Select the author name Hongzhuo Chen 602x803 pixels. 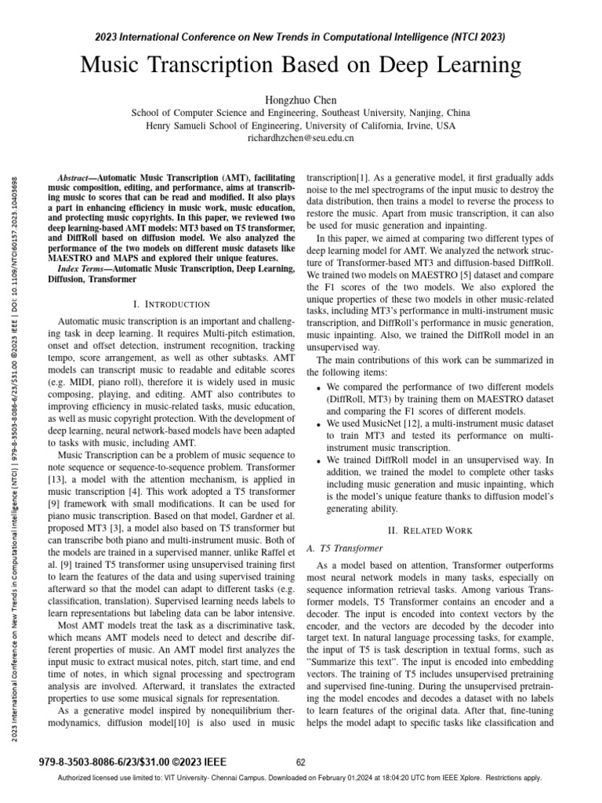point(301,100)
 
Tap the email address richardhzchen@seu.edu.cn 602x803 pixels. point(301,137)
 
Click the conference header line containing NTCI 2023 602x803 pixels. point(301,37)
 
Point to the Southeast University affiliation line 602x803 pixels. point(301,113)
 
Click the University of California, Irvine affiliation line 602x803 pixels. point(301,125)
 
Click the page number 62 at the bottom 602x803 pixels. point(301,761)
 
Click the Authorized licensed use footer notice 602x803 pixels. point(301,778)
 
